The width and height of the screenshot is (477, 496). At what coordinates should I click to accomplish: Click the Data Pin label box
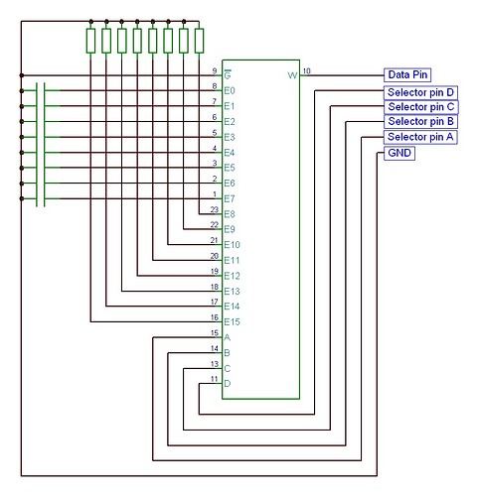406,74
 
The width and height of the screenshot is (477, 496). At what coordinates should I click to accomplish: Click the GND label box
398,154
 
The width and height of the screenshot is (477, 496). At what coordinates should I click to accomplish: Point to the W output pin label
292,75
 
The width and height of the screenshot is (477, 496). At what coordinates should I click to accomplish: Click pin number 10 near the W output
306,70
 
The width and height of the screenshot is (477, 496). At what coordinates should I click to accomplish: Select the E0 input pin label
230,90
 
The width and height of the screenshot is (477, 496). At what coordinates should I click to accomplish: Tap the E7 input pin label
230,199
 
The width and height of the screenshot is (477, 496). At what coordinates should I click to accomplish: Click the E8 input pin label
230,214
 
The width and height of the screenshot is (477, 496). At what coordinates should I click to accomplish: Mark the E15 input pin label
233,322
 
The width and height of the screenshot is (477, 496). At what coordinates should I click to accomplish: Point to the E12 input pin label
233,276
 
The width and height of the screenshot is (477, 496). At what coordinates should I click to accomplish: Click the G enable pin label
228,75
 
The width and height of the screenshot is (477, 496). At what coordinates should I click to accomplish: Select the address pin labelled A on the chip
228,338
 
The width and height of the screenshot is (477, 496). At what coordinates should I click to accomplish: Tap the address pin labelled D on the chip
228,384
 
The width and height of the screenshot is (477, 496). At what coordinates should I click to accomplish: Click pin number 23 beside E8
214,208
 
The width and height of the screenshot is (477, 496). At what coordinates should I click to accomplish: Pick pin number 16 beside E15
214,316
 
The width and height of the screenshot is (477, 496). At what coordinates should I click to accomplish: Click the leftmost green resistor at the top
91,41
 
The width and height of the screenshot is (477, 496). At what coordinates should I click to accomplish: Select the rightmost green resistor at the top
199,41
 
